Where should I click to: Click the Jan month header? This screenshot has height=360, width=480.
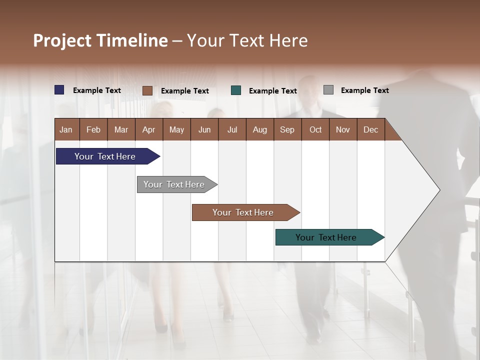click(66, 129)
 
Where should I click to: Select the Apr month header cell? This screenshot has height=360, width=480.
click(149, 129)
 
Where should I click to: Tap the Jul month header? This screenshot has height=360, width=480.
click(232, 129)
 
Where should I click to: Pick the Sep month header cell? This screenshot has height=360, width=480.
click(287, 129)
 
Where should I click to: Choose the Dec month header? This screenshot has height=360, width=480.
click(371, 129)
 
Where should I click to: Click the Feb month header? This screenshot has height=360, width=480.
click(93, 129)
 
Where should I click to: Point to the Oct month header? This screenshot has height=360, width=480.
click(315, 129)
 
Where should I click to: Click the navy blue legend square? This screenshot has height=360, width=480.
click(59, 90)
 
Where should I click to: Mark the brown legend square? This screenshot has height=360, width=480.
click(147, 90)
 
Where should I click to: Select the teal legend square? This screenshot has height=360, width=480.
click(236, 90)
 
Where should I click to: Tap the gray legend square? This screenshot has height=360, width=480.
click(328, 90)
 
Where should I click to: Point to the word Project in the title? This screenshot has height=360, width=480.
click(62, 40)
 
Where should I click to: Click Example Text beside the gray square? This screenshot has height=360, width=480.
click(364, 90)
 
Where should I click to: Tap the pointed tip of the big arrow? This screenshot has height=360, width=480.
click(438, 190)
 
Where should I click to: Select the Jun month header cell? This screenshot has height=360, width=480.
click(204, 129)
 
